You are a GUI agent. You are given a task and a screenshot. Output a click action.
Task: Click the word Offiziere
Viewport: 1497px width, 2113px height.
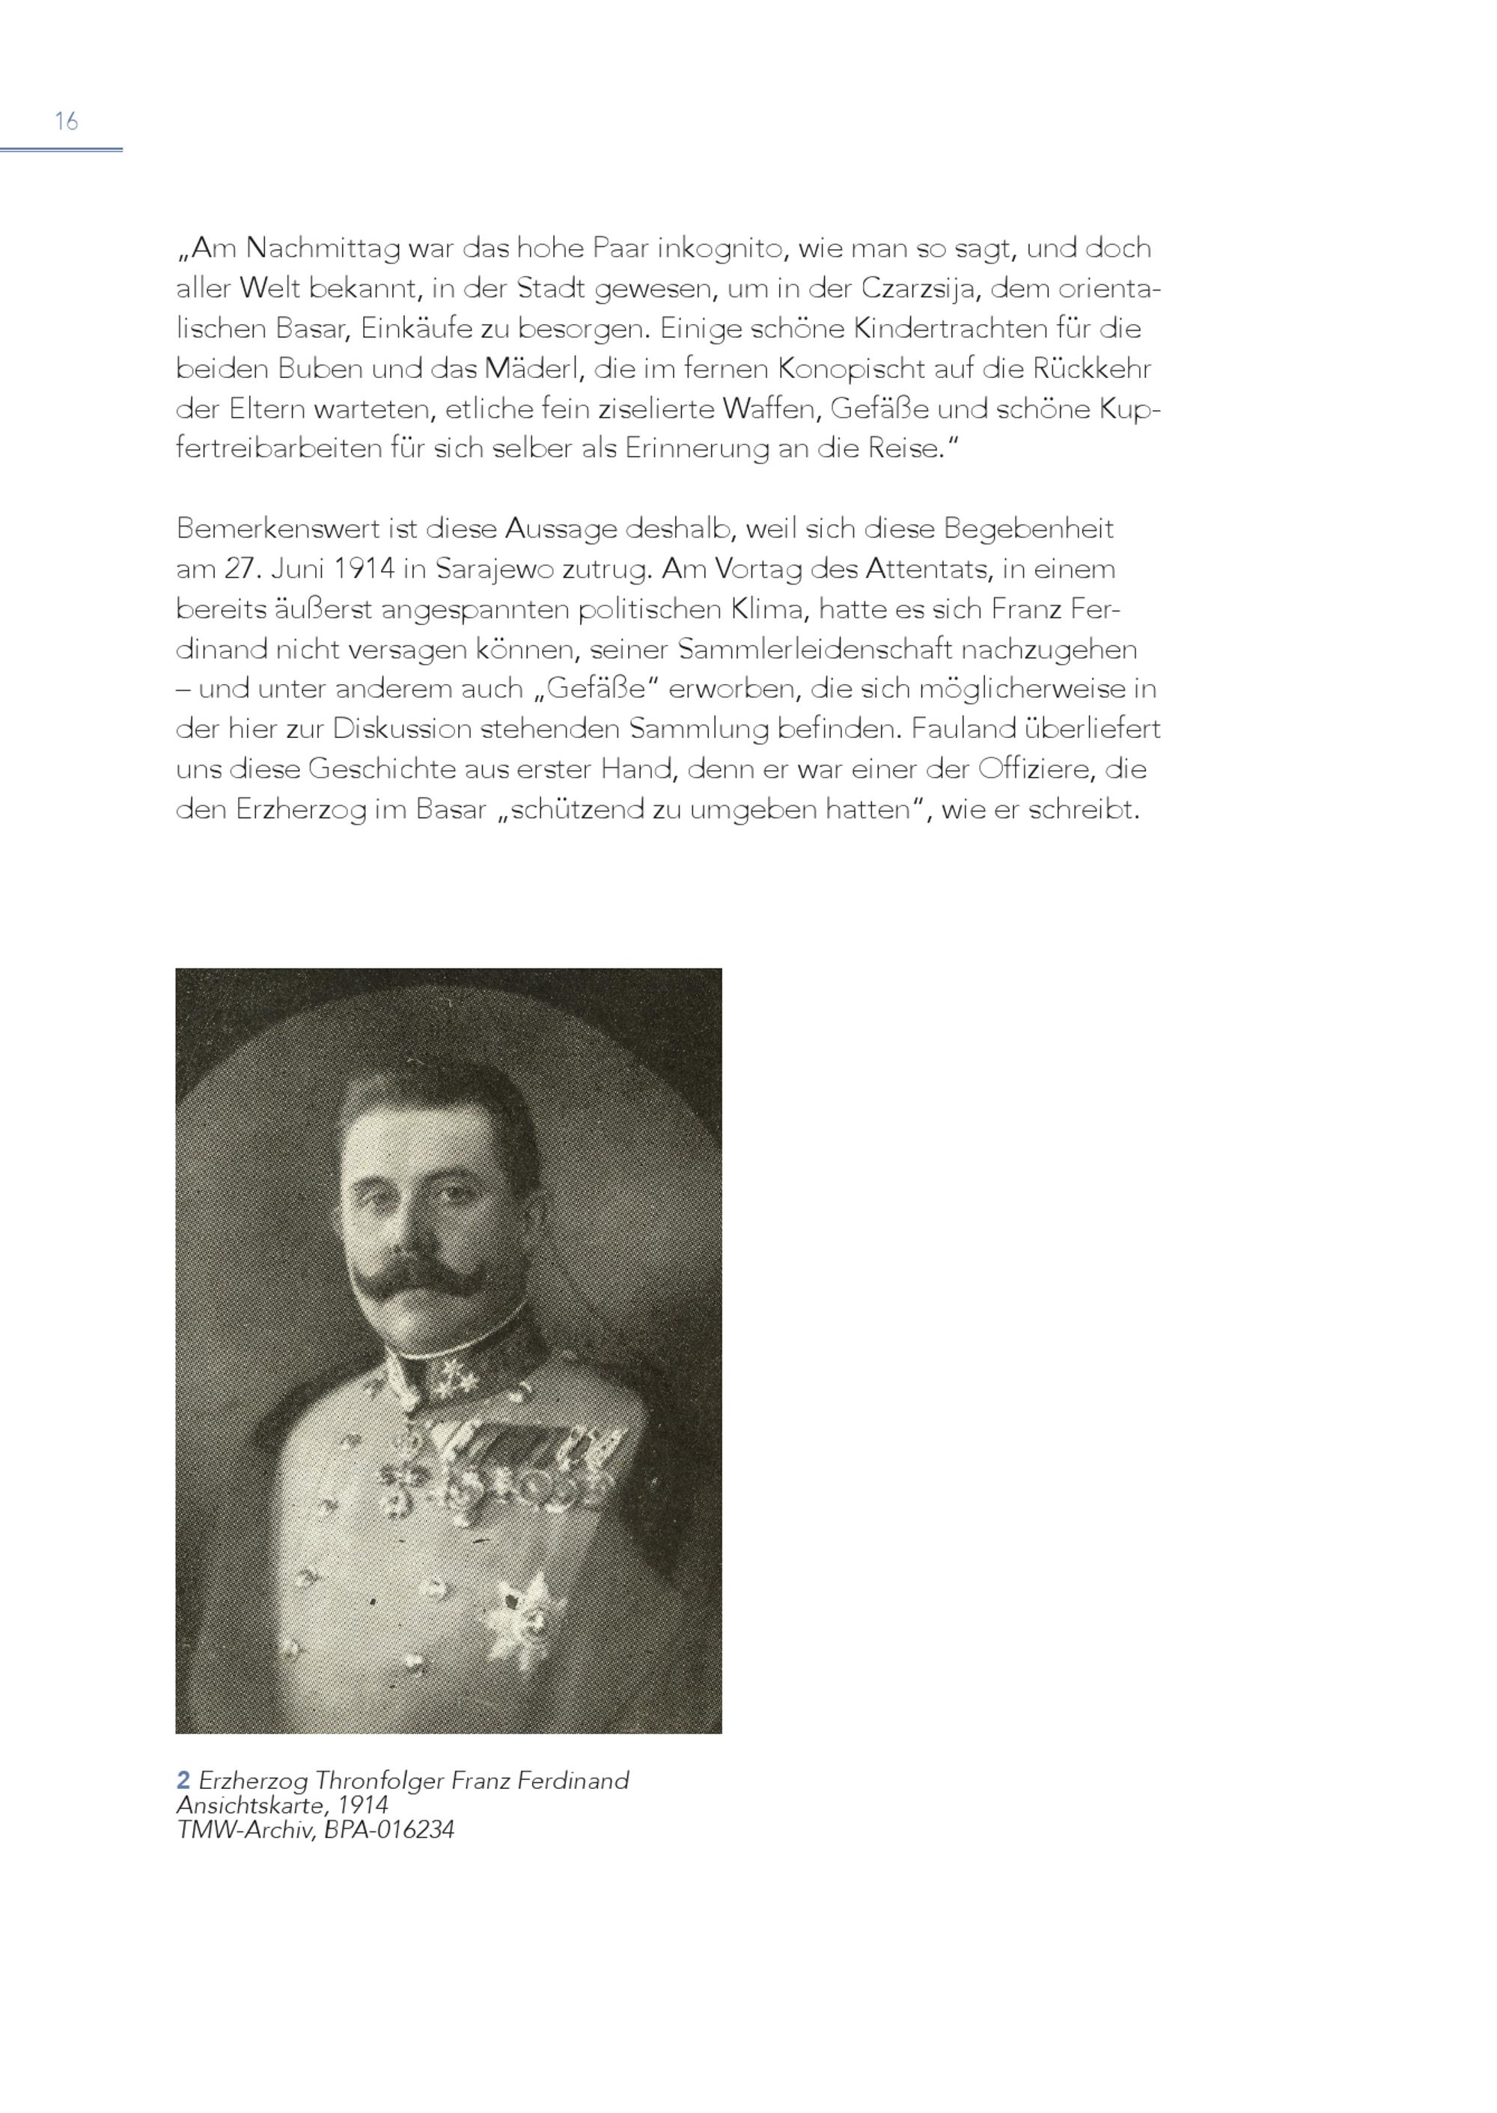tap(1035, 769)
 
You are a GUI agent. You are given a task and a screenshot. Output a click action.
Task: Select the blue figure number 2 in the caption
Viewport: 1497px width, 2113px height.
tap(183, 1780)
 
